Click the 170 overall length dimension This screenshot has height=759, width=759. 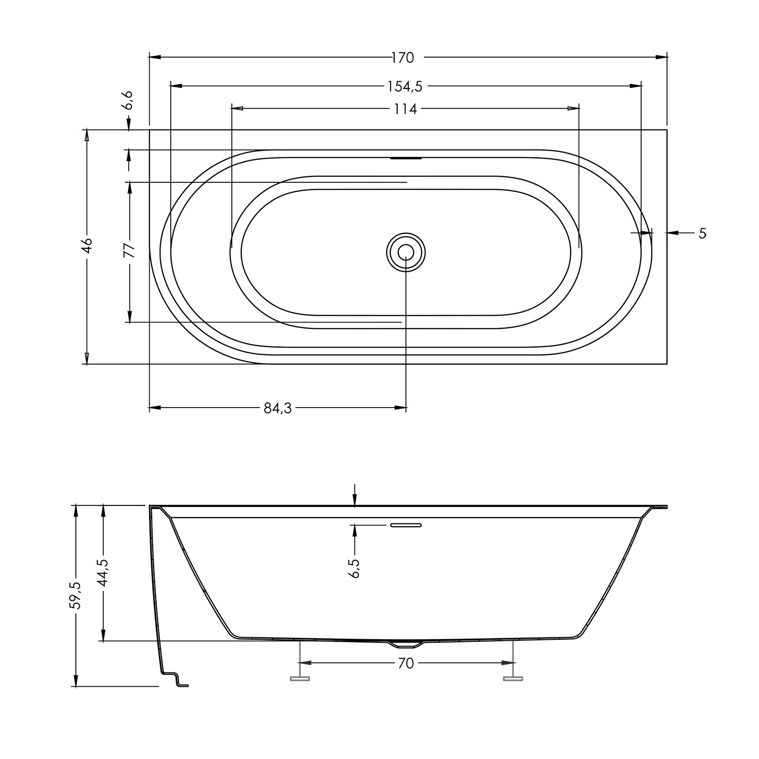[402, 58]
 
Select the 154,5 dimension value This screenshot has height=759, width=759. [404, 87]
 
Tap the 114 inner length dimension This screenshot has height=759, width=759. [405, 109]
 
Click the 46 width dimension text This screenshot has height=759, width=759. [87, 245]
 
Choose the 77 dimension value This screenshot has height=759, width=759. [129, 250]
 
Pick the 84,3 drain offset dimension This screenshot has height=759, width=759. [278, 408]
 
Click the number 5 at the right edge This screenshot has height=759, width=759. [702, 233]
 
